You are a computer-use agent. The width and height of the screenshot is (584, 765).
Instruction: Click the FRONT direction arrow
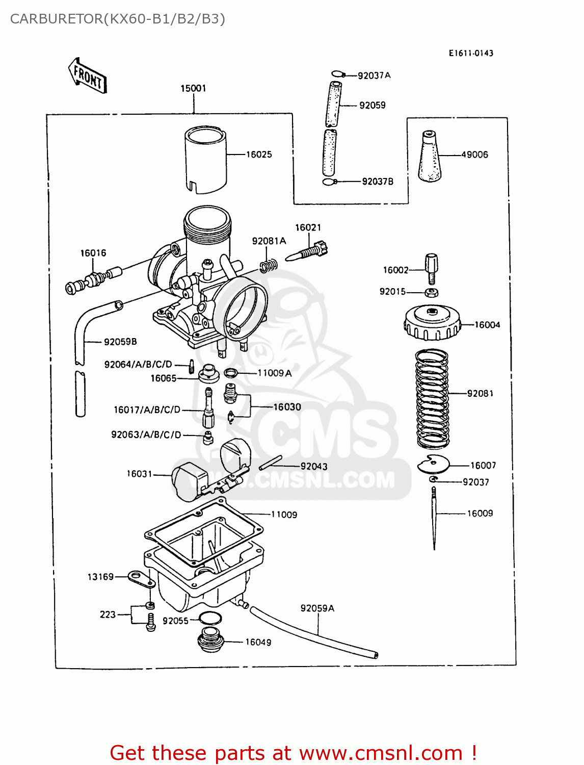point(88,75)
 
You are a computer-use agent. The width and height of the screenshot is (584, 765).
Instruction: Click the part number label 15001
point(193,88)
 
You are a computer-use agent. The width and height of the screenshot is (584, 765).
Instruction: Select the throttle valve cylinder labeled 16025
point(205,159)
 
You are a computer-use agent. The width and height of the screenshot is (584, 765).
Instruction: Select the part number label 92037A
point(374,75)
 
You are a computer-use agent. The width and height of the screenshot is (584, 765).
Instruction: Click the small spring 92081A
point(269,265)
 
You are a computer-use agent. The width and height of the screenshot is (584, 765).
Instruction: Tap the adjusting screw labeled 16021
point(307,252)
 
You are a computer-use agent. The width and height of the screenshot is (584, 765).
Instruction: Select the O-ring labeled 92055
point(210,619)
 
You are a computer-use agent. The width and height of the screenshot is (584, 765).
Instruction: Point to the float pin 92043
point(270,463)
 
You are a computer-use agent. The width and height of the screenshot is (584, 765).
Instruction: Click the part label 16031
point(140,474)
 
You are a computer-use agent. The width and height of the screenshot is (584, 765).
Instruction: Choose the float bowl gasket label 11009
point(284,515)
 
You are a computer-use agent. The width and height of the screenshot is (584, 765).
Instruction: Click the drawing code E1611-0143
point(471,53)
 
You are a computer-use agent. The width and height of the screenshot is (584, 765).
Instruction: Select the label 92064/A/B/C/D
point(138,364)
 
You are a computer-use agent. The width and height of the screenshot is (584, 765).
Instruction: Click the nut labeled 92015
point(432,292)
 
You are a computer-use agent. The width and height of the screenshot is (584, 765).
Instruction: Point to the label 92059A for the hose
point(317,608)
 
